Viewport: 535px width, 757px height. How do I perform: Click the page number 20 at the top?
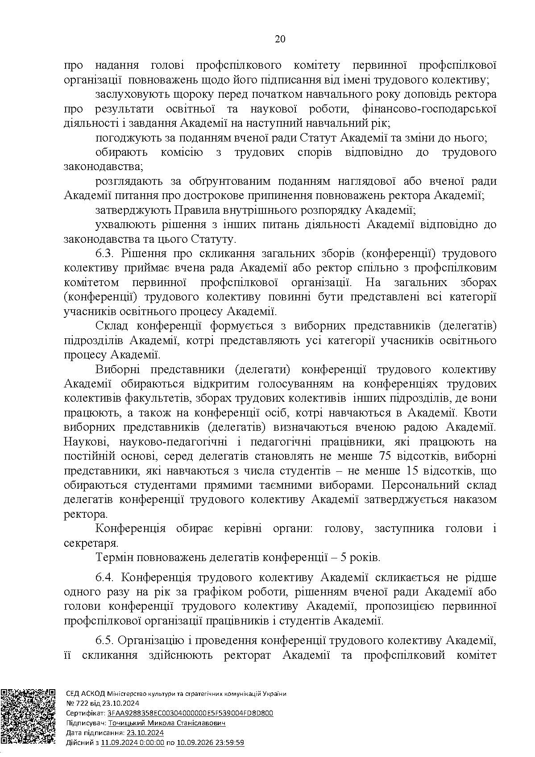[280, 39]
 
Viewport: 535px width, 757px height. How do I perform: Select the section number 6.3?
[105, 254]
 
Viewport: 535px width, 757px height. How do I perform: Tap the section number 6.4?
[105, 578]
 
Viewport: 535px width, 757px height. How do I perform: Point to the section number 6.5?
[105, 641]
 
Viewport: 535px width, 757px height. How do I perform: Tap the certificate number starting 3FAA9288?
[189, 713]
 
